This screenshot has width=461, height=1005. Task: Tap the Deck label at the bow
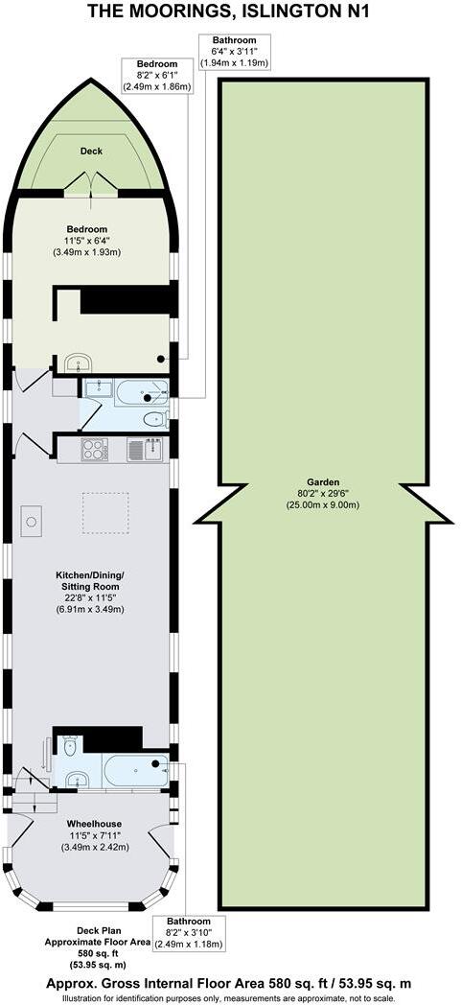pos(91,151)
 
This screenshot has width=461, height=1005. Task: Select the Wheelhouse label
pos(92,824)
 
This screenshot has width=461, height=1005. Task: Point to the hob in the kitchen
pos(94,449)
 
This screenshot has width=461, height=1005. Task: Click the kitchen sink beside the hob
pos(136,449)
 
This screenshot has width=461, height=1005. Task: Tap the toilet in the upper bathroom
pos(153,419)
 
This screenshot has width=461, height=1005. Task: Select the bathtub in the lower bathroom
pos(137,769)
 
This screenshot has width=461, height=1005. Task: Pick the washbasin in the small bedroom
pos(78,362)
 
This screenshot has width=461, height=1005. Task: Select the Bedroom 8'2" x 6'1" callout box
pos(157,75)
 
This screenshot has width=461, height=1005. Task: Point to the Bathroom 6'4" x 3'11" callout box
pos(234,51)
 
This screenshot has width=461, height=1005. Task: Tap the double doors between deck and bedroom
pos(92,184)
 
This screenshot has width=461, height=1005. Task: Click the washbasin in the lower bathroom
pos(76,779)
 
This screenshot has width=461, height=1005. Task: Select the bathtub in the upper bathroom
pos(140,389)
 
